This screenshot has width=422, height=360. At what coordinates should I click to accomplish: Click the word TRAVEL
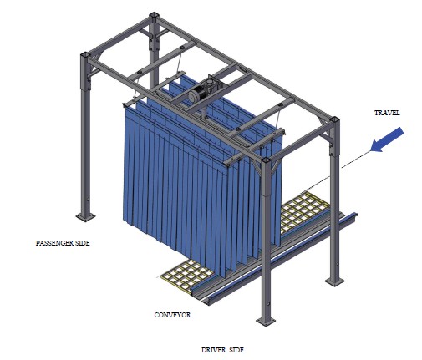[x=387, y=113]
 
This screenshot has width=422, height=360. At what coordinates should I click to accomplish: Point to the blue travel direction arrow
[x=388, y=139]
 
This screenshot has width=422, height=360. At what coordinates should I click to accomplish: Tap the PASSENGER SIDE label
[x=63, y=243]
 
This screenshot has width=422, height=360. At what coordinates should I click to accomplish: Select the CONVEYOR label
[x=173, y=315]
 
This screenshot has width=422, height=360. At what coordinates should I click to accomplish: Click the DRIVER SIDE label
[x=222, y=350]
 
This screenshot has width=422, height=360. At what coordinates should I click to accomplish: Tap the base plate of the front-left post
[x=85, y=216]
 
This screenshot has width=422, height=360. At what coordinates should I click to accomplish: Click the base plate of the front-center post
[x=266, y=321]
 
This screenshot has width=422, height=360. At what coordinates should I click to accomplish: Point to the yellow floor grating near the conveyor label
[x=186, y=274]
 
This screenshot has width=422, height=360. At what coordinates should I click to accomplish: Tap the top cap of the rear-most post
[x=154, y=15]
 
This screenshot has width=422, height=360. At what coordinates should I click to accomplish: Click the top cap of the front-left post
[x=85, y=55]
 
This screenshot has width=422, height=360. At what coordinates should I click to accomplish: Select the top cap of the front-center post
[x=266, y=160]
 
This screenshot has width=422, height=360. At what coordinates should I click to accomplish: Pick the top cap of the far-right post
[x=334, y=119]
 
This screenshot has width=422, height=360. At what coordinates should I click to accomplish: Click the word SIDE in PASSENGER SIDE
[x=83, y=243]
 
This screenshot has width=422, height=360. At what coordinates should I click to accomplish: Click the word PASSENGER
[x=54, y=243]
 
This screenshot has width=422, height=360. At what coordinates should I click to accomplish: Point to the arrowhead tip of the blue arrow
[x=372, y=150]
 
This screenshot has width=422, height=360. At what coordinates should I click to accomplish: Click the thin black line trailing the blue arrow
[x=336, y=171]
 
